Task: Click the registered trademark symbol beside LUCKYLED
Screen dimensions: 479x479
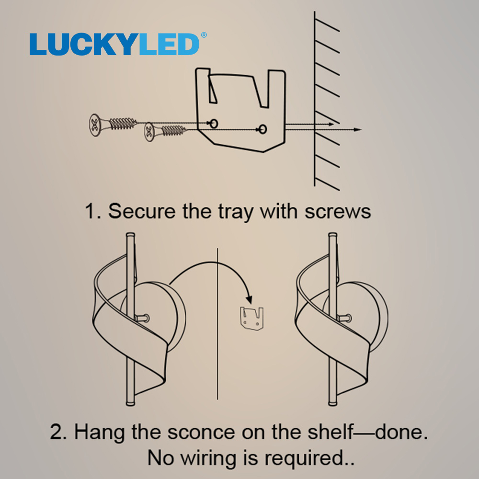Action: coord(204,35)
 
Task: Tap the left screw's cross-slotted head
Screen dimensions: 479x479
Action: coord(95,125)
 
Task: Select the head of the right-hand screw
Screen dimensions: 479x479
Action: coord(149,132)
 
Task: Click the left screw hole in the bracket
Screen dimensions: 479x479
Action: coord(214,124)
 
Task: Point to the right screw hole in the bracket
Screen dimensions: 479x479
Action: coord(262,129)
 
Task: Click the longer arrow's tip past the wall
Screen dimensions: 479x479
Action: coord(361,129)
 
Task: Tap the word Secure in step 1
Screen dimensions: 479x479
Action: coord(142,211)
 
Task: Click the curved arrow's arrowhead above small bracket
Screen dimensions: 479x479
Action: coord(250,299)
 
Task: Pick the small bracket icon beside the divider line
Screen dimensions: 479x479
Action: coord(251,319)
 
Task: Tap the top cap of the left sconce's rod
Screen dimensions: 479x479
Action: coord(130,235)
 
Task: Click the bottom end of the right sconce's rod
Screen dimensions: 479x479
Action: coord(332,403)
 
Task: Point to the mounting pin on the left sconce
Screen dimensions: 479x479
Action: coord(142,319)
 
